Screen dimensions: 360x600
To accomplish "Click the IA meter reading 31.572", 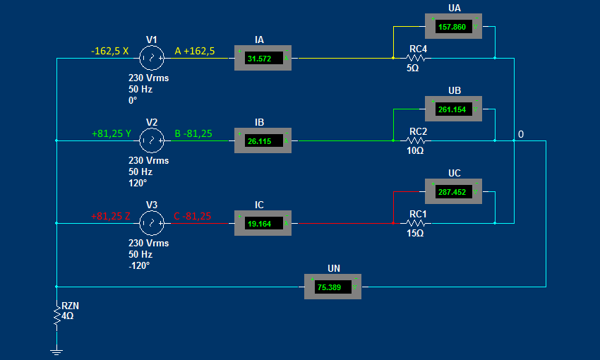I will tap(263, 58).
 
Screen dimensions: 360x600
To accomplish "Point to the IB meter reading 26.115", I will tap(263, 141).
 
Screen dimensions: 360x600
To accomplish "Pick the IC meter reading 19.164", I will tap(263, 223).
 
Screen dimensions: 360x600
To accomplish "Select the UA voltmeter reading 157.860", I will tap(453, 27).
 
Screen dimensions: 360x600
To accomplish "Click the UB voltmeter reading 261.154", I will tap(453, 109).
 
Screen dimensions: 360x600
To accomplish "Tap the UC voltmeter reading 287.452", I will tap(453, 191).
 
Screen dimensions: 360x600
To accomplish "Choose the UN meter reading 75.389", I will tap(332, 287).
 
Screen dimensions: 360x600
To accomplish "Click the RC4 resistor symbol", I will tap(416, 58).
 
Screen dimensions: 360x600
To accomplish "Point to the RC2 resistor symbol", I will tap(416, 140).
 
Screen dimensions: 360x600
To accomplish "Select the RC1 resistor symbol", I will tap(416, 223).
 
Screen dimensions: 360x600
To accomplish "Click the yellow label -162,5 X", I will tap(109, 51).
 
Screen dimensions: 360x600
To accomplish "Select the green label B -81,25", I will tap(193, 133).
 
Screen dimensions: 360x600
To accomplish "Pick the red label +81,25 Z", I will tap(110, 216).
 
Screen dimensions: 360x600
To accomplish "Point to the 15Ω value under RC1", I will tap(414, 233).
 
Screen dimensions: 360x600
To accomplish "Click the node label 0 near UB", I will tap(521, 134).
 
